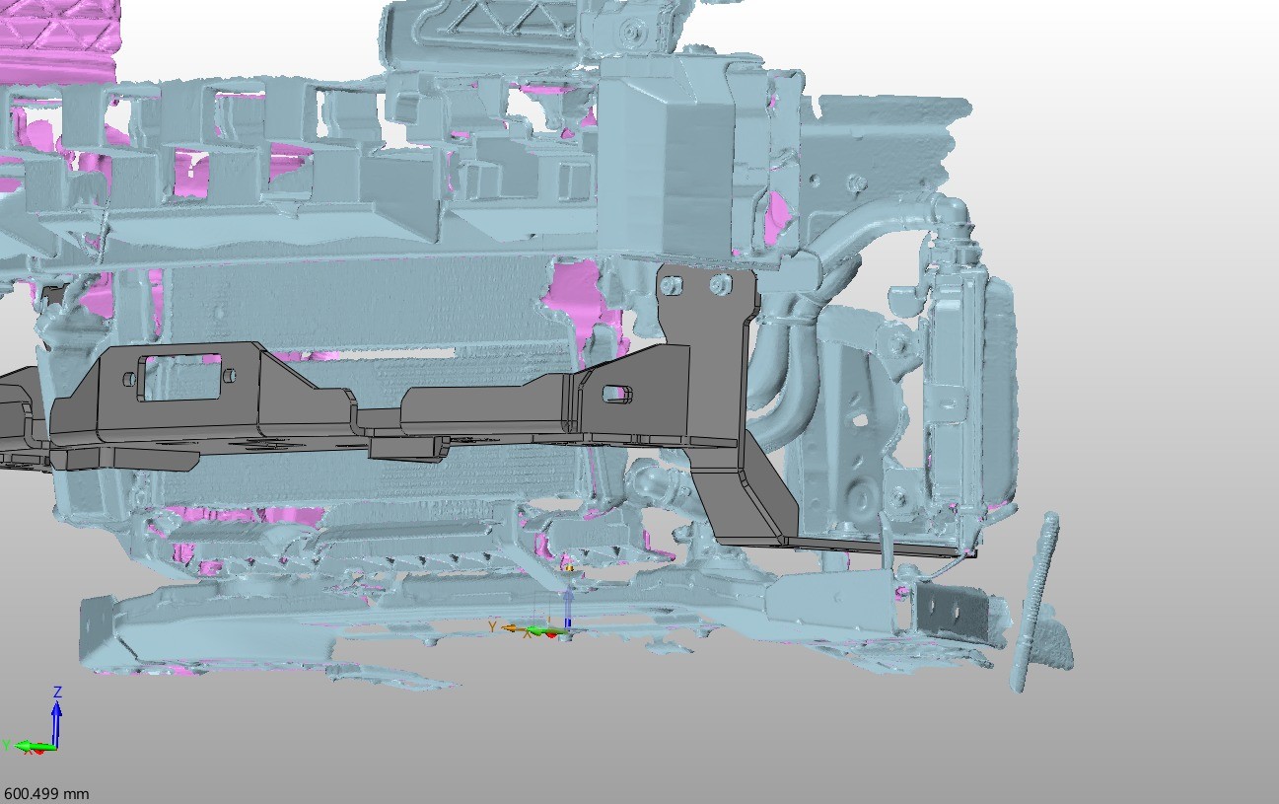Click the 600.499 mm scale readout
tap(46, 794)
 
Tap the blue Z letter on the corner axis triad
tap(57, 693)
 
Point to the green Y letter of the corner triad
tap(6, 745)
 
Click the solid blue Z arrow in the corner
tap(56, 722)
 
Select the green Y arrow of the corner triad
tap(35, 747)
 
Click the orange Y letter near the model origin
tap(492, 627)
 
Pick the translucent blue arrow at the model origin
tap(568, 608)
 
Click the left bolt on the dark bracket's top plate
tap(671, 284)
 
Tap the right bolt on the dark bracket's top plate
tap(720, 284)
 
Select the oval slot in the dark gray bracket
tap(616, 393)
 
